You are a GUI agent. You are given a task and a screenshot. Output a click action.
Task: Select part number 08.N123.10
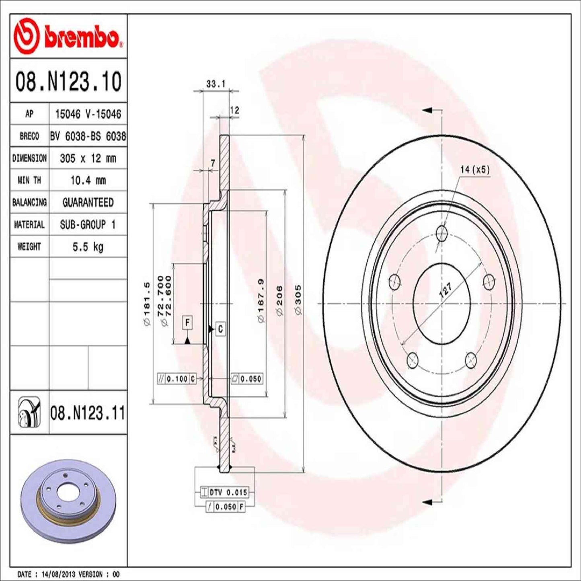(x=68, y=82)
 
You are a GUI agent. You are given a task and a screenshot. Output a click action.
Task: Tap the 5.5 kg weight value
(x=88, y=246)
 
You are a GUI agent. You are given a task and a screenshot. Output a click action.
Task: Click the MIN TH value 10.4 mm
(x=88, y=180)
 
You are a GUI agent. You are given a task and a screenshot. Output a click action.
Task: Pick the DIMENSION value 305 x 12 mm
(x=88, y=158)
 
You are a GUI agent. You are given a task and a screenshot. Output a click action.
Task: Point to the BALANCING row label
(x=29, y=202)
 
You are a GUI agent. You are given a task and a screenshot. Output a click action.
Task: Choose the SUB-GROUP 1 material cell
(x=88, y=224)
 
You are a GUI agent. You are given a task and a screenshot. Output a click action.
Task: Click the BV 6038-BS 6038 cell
(x=88, y=137)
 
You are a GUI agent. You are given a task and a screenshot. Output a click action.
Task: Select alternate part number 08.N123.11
(x=88, y=413)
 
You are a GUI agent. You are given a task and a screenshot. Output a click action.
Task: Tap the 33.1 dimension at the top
(x=216, y=84)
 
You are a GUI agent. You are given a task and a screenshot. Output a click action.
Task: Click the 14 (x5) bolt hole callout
(x=475, y=170)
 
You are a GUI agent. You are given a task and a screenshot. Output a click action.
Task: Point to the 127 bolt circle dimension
(x=446, y=289)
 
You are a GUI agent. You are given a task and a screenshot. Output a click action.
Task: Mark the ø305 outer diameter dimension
(x=298, y=300)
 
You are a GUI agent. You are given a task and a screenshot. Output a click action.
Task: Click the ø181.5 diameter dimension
(x=147, y=304)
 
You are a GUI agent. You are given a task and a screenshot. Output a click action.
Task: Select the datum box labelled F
(x=187, y=322)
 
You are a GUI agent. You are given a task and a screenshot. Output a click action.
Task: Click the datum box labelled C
(x=220, y=329)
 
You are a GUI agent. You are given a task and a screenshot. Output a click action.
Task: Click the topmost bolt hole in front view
(x=442, y=232)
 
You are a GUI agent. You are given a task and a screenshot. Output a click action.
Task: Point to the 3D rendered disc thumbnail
(x=68, y=495)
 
